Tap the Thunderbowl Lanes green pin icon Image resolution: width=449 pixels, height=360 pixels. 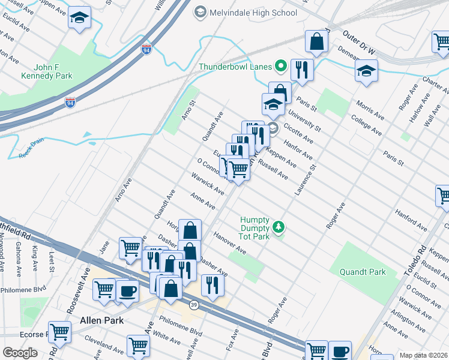280,66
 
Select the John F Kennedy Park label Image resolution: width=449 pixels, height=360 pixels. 46,71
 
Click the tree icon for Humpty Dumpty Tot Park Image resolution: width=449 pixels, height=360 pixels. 277,227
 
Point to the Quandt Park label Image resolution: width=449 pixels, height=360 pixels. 362,272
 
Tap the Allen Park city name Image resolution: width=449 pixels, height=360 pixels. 101,320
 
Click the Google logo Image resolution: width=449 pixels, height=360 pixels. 19,353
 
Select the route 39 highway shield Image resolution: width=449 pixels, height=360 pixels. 194,305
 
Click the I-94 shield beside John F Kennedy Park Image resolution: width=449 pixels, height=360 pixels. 70,103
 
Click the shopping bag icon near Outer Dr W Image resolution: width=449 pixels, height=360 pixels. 316,41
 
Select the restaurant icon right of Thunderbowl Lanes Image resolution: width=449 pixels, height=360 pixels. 302,69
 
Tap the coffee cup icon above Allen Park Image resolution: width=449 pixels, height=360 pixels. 127,291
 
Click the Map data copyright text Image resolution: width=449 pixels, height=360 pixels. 423,355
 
